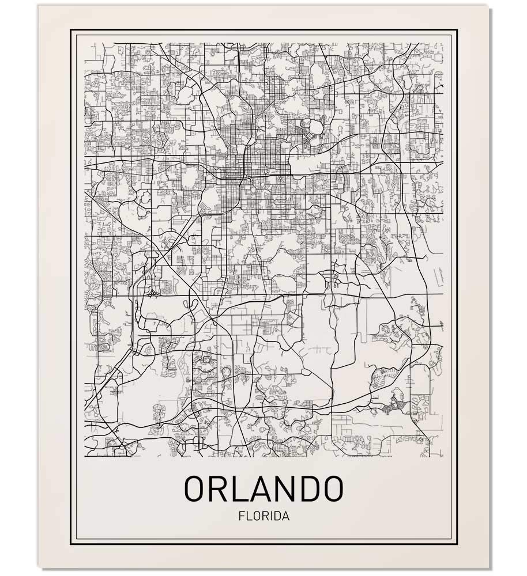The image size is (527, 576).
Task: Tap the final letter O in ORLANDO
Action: (333, 488)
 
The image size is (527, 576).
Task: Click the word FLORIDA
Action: (263, 516)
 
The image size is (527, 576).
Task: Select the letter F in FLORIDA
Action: (240, 516)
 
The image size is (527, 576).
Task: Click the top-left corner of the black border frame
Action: (71, 29)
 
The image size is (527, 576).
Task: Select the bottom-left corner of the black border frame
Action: (71, 544)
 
